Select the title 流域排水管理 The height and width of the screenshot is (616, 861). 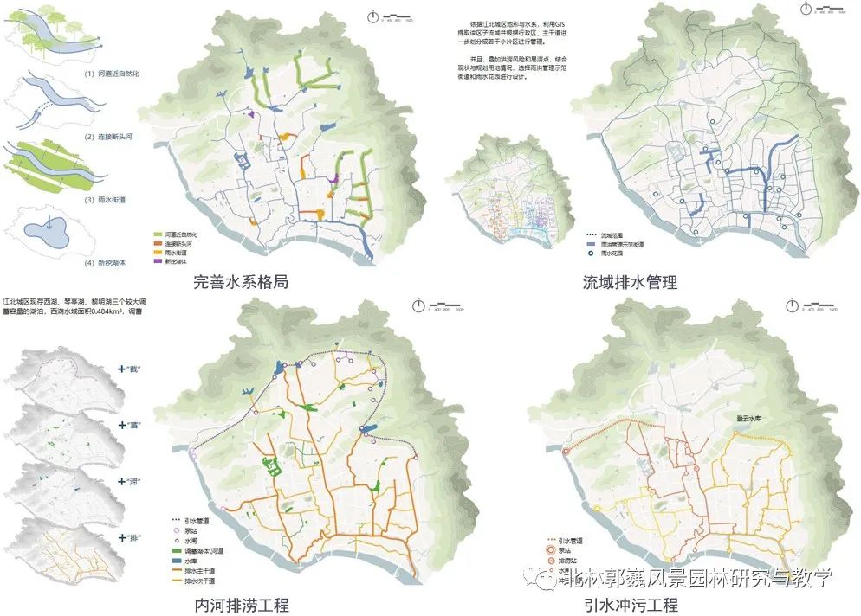pyautogui.click(x=631, y=282)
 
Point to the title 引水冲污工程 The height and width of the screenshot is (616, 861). pyautogui.click(x=631, y=604)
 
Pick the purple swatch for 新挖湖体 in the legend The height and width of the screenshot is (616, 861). pyautogui.click(x=158, y=260)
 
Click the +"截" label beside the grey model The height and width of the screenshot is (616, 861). pyautogui.click(x=131, y=369)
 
